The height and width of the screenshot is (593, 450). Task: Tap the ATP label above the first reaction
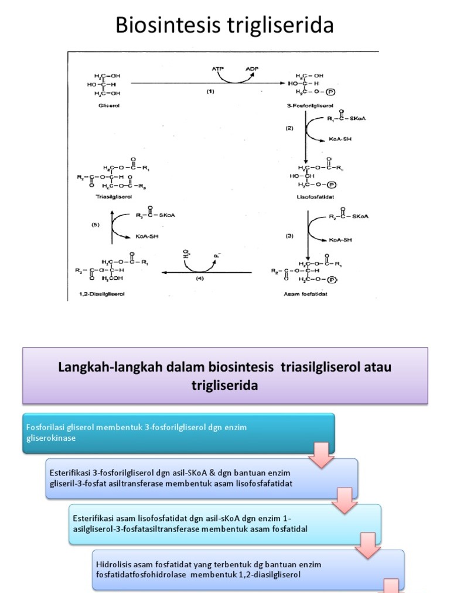tap(218, 68)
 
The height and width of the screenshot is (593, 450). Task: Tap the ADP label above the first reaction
tap(252, 68)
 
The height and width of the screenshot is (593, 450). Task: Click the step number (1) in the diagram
tap(210, 92)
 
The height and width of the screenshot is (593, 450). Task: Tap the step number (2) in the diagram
tap(289, 128)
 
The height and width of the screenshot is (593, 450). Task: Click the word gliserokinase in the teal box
tap(52, 438)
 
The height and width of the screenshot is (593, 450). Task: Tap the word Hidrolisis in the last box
tap(112, 564)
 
